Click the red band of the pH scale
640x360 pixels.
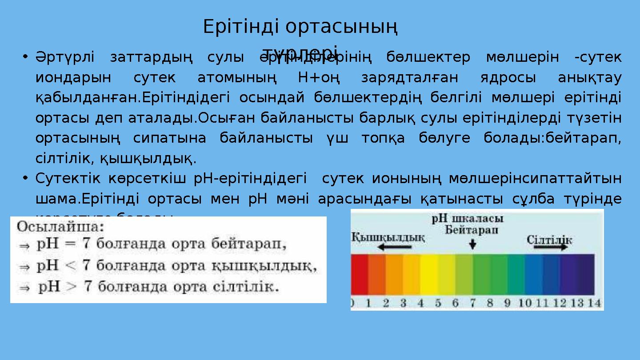tap(360, 274)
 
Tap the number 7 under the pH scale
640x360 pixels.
tap(472, 303)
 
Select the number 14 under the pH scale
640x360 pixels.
tap(594, 303)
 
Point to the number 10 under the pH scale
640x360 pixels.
tap(525, 303)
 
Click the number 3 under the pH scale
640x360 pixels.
tap(403, 303)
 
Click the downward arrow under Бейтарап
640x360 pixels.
tap(472, 243)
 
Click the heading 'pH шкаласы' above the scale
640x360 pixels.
tap(468, 219)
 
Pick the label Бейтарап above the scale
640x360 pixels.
tap(472, 230)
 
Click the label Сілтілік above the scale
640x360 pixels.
tap(549, 240)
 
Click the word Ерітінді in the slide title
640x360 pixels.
tap(242, 27)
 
